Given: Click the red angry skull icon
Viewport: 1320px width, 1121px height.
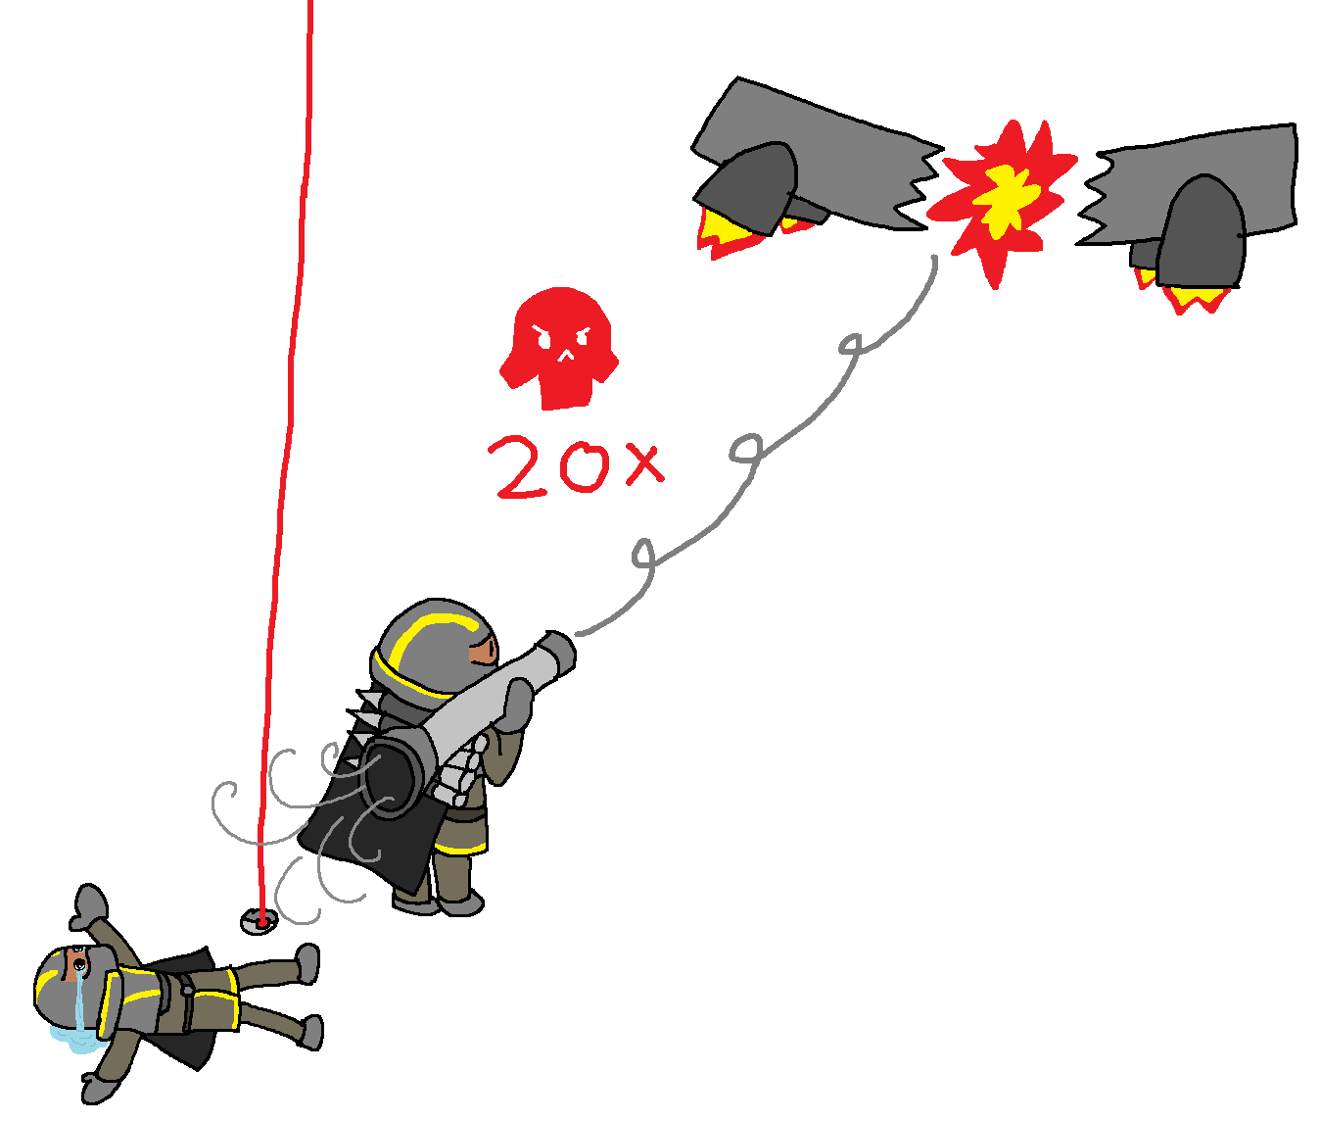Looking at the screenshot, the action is pos(559,348).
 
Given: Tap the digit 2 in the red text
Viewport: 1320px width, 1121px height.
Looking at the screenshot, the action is pos(519,467).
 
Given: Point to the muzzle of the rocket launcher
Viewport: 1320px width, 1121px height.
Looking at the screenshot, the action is pos(560,655).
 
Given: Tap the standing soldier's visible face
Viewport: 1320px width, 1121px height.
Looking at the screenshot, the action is pos(484,652).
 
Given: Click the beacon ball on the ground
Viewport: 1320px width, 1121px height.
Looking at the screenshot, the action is pos(259,922).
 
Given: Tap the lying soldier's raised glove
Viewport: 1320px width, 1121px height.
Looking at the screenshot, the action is pos(88,907).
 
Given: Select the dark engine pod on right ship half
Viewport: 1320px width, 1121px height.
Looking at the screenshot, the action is pos(1202,232).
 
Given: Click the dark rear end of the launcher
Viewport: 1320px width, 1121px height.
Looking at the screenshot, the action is pos(393,773).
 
